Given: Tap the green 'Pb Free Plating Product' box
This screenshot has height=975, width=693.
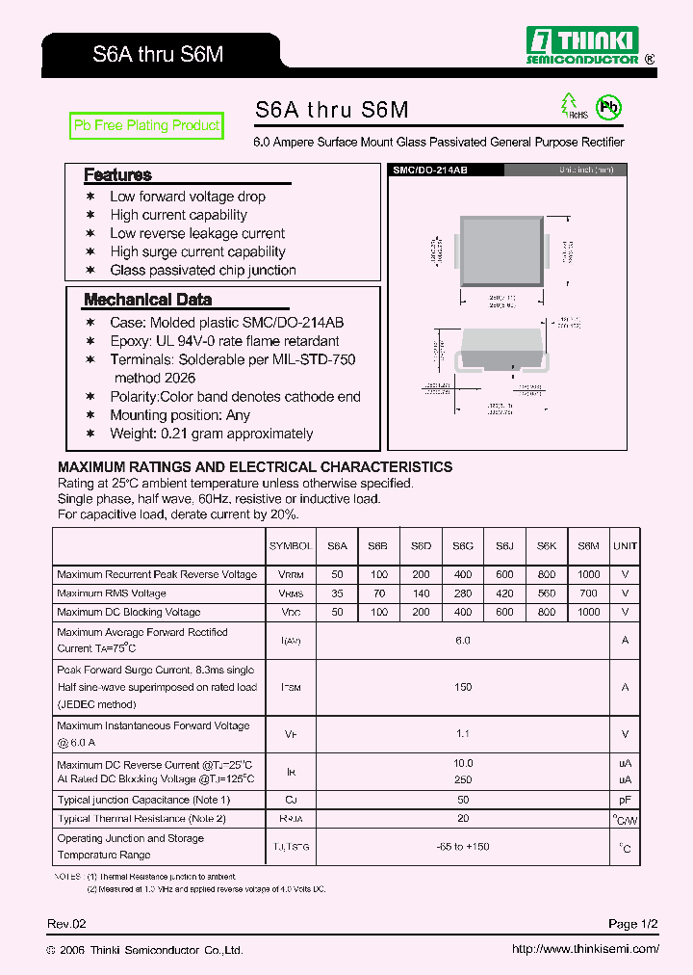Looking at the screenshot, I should [x=147, y=125].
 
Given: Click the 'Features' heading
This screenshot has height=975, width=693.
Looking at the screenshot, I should [x=117, y=175].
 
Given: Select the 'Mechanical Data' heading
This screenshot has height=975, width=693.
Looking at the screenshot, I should [x=147, y=300].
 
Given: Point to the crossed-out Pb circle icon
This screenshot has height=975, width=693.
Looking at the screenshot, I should [x=607, y=107].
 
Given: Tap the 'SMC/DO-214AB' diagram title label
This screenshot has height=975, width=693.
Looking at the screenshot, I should [x=430, y=170].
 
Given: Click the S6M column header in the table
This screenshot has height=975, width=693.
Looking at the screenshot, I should [x=588, y=545].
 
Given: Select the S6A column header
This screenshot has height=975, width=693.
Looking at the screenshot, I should [x=337, y=545].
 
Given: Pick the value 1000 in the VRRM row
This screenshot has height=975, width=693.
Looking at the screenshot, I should [x=588, y=574].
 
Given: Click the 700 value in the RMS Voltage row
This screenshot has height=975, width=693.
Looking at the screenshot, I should [x=588, y=593].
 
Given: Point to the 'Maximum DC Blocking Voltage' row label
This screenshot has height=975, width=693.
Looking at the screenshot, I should [x=129, y=612].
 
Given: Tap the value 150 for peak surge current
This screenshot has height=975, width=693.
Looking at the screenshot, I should [x=463, y=687].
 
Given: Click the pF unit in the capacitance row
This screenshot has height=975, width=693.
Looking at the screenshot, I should [x=625, y=800].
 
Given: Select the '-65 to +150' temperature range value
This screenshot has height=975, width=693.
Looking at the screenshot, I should [x=463, y=847].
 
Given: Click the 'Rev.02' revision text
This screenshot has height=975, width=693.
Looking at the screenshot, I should [x=67, y=924].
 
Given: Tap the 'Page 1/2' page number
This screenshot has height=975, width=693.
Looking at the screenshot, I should [x=633, y=924].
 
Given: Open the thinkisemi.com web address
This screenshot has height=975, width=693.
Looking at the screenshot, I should [x=585, y=949].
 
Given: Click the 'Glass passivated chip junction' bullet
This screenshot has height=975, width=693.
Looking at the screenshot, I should [x=203, y=271].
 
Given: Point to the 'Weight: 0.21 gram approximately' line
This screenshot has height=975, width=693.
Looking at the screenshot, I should [x=211, y=434].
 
